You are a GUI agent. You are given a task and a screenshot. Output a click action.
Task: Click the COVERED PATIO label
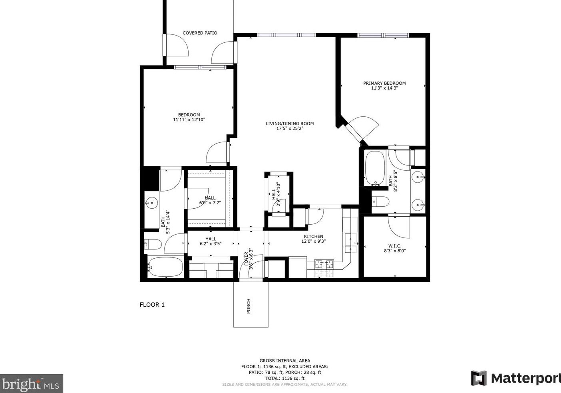[x=200, y=33]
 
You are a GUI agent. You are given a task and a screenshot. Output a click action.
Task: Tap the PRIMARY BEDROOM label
[x=384, y=83]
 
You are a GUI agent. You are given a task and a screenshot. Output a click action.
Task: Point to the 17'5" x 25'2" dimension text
[x=290, y=129]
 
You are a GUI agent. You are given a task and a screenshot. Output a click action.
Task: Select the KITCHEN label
[x=313, y=236]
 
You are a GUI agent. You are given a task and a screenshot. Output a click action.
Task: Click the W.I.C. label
[x=395, y=246]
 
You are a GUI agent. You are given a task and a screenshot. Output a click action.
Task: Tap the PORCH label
[x=249, y=306]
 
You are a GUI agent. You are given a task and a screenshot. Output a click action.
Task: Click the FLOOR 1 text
[x=152, y=305]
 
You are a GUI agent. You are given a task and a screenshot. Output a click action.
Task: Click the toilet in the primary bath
[x=380, y=201]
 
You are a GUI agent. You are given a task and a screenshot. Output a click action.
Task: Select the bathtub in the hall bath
[x=165, y=267]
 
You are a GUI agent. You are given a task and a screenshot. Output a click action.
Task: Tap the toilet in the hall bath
[x=153, y=244]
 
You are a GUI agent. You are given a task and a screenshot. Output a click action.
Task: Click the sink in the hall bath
[x=152, y=202]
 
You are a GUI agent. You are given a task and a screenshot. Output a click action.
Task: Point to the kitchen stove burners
[x=324, y=264]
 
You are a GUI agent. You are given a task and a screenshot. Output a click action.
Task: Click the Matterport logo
[x=516, y=378]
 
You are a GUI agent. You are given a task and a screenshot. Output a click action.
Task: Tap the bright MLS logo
[x=32, y=383]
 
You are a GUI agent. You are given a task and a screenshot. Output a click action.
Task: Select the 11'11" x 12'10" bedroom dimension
[x=189, y=120]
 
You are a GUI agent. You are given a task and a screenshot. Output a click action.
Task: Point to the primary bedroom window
[x=383, y=35]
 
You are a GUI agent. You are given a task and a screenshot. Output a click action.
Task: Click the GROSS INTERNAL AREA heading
[x=285, y=361]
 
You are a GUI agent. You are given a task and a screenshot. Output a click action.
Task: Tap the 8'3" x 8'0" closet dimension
[x=395, y=251]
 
